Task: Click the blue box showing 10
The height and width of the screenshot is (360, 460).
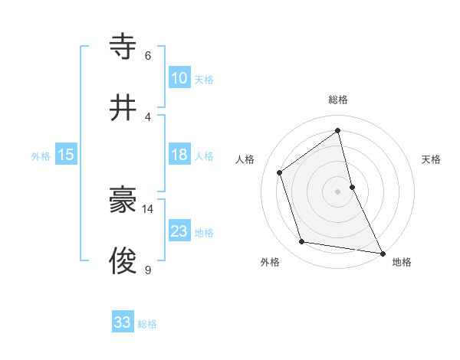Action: [x=179, y=78]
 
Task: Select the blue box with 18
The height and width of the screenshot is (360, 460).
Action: [x=179, y=155]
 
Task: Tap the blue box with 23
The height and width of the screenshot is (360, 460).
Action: [x=179, y=231]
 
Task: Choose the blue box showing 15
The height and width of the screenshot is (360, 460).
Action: [x=66, y=155]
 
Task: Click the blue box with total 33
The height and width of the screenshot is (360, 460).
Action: [x=123, y=322]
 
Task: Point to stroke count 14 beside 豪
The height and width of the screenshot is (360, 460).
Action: [x=148, y=208]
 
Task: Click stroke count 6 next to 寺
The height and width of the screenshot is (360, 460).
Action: [x=148, y=55]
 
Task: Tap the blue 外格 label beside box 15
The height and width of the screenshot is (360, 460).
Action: [x=41, y=155]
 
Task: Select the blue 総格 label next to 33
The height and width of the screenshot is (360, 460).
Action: [x=147, y=323]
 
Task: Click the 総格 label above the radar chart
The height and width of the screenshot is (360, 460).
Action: [x=338, y=100]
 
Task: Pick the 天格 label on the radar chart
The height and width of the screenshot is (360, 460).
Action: [x=431, y=159]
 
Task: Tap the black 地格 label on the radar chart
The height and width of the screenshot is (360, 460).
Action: [x=402, y=263]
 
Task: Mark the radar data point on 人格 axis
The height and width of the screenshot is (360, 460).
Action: [x=280, y=172]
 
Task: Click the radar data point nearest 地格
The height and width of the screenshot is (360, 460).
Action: [x=381, y=253]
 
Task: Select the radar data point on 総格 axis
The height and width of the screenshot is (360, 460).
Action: [x=338, y=131]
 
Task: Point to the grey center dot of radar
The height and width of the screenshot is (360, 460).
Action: [x=338, y=191]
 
